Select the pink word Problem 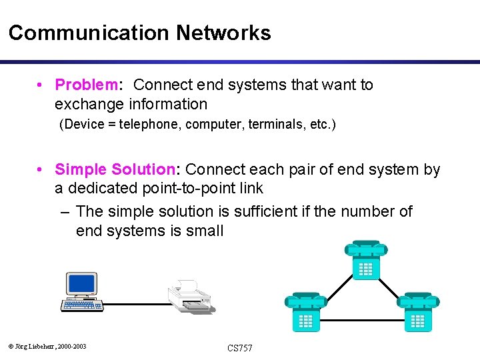[x=86, y=85]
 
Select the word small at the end [x=205, y=231]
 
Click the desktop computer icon [x=82, y=292]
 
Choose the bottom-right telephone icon [x=418, y=311]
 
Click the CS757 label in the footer [x=239, y=348]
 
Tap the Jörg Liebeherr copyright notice [x=47, y=345]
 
